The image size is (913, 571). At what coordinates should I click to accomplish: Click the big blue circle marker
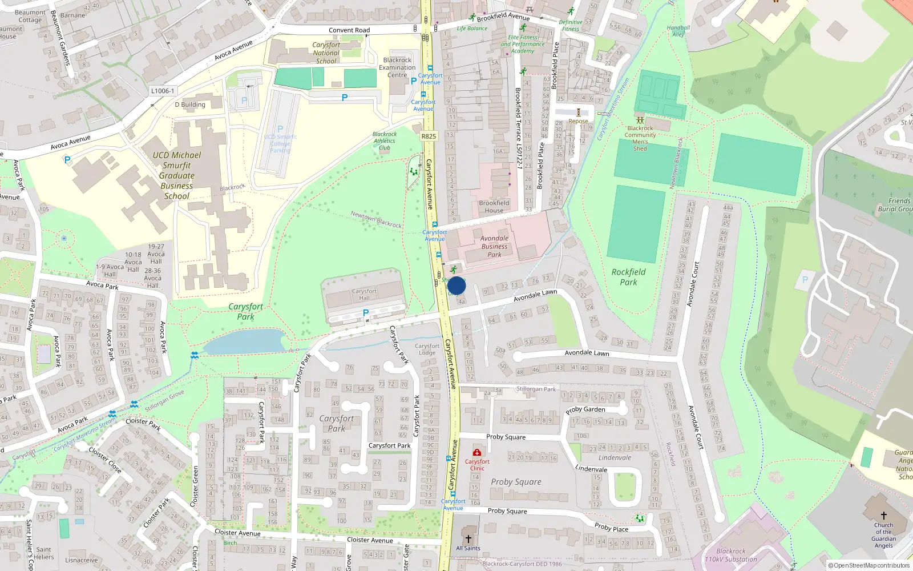(457, 285)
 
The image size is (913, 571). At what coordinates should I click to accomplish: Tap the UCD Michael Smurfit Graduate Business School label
(177, 175)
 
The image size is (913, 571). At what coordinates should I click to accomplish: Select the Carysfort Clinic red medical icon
(477, 453)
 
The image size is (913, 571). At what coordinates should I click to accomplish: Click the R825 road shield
(429, 136)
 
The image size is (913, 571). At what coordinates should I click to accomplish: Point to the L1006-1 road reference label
(163, 91)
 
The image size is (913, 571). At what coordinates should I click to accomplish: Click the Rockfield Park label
(628, 277)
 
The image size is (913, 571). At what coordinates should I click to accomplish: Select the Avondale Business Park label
(494, 247)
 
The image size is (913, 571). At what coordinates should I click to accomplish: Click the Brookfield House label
(494, 207)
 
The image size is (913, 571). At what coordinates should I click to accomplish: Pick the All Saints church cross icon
(468, 538)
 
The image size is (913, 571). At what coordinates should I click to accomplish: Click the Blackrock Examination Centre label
(397, 67)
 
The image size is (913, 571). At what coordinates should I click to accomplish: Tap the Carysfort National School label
(326, 53)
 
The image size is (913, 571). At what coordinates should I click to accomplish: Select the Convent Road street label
(349, 30)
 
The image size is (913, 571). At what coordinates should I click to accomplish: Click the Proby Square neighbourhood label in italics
(516, 482)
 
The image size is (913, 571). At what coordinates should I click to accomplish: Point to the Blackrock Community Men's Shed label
(640, 138)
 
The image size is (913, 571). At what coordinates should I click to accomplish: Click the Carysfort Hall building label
(364, 294)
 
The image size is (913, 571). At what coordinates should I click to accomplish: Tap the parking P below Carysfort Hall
(366, 313)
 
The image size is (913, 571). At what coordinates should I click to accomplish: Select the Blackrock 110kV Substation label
(731, 556)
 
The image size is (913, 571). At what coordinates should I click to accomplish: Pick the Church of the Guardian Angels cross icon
(883, 515)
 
